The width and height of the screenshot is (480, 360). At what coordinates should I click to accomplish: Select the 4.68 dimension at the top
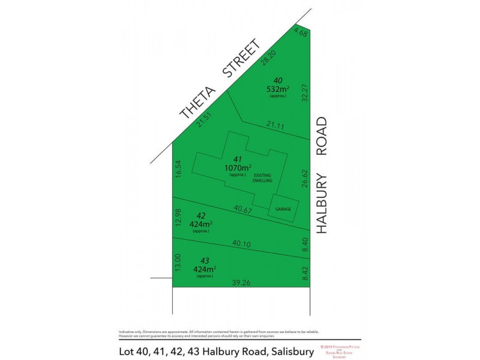point(301,33)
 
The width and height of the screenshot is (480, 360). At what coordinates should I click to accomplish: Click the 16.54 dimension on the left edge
point(178,168)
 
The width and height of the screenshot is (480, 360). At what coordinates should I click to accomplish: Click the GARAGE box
point(283,209)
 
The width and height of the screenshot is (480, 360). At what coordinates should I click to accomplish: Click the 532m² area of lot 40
point(278,89)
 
